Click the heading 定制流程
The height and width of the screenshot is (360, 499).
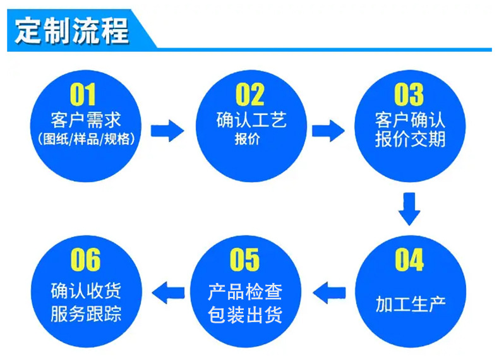tap(72, 31)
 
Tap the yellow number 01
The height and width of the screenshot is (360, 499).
tap(83, 94)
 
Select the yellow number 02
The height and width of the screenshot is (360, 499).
tap(250, 94)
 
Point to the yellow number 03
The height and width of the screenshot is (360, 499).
tap(409, 94)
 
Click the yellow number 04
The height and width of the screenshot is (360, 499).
tap(409, 260)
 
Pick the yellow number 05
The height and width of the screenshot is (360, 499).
tap(244, 260)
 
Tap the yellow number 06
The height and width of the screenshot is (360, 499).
tap(85, 260)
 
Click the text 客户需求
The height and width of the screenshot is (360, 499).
tap(86, 120)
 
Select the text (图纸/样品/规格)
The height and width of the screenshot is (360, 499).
tap(87, 139)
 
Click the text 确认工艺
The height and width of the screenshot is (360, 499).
tap(251, 120)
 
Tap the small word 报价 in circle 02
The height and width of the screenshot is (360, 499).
tap(247, 139)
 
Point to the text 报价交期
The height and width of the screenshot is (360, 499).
tap(410, 139)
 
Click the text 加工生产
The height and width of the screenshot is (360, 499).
tap(411, 304)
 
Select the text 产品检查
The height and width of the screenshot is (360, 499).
tap(245, 292)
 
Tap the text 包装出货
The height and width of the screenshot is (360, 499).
tap(245, 315)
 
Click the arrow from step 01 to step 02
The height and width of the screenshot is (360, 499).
tap(167, 131)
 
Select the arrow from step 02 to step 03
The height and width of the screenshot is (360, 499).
tap(328, 131)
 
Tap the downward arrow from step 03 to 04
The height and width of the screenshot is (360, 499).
tap(409, 209)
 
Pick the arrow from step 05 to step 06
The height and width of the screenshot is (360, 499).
tap(169, 292)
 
